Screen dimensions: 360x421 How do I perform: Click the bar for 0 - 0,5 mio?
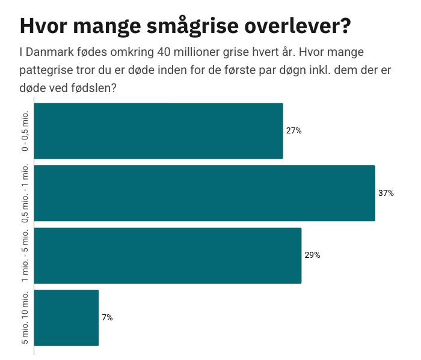(158, 131)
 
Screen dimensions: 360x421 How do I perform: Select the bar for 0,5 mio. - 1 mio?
(204, 193)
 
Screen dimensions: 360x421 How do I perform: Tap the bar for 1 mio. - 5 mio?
(168, 255)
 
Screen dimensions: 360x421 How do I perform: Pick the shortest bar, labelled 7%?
(66, 317)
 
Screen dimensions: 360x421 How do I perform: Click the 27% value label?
(294, 131)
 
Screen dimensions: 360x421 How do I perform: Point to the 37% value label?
(386, 193)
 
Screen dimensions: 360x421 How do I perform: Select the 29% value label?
(312, 255)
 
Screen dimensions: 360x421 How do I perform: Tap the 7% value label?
(107, 317)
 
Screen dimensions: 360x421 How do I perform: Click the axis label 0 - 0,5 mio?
(25, 131)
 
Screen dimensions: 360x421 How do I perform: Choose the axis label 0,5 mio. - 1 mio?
(25, 193)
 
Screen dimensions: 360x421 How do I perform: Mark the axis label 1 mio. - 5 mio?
(25, 255)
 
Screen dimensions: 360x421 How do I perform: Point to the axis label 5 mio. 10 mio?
(25, 317)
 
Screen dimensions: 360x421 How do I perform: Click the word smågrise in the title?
(182, 26)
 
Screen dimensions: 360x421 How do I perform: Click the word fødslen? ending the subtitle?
(95, 87)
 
